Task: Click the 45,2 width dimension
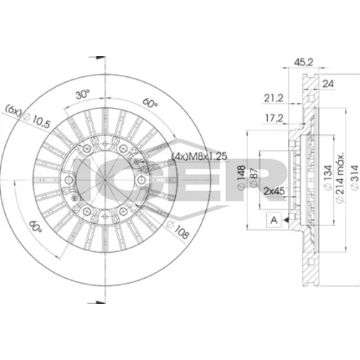tap(304, 63)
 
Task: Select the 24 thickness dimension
tap(328, 84)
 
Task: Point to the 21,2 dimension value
tap(274, 98)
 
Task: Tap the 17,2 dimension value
tap(274, 118)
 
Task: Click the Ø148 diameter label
tap(241, 177)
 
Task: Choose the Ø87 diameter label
tap(254, 177)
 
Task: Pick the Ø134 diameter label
tap(328, 178)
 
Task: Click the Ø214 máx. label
tap(340, 178)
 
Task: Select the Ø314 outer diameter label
tap(356, 178)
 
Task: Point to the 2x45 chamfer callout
tap(274, 192)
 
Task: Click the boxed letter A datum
tap(274, 220)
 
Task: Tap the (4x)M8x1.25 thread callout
tap(199, 156)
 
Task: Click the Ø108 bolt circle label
tap(178, 230)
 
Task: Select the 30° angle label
tap(83, 94)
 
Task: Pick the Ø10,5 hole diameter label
tap(37, 120)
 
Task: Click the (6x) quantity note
tap(14, 109)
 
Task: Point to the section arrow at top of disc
tap(97, 58)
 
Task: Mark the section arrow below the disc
tap(96, 302)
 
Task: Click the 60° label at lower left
tap(35, 226)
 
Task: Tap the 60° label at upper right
tap(150, 103)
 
